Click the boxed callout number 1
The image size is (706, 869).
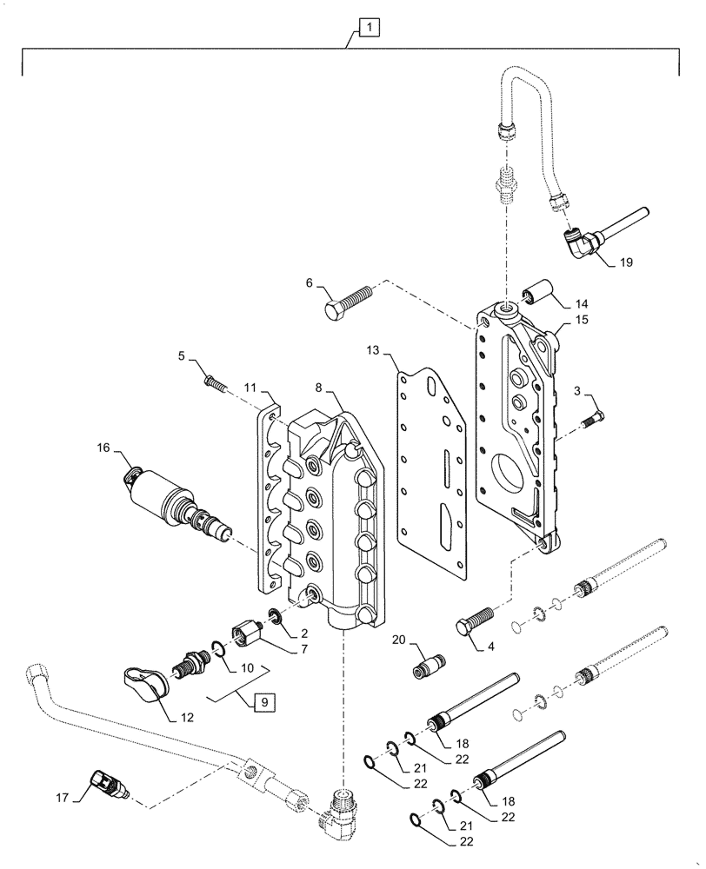point(369,30)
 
